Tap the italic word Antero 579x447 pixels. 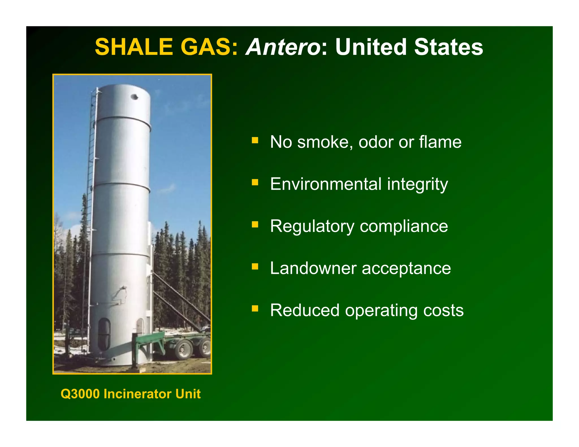pos(283,47)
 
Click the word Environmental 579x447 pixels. pos(326,184)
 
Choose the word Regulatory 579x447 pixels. pos(312,226)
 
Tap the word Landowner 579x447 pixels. pos(313,268)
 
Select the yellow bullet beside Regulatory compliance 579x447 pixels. pos(255,224)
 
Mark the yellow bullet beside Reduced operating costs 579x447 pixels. pos(255,308)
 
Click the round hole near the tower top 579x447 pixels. pos(135,97)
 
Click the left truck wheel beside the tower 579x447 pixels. pos(184,349)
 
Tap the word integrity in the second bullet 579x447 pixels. pos(417,185)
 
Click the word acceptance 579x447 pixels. pos(406,268)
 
